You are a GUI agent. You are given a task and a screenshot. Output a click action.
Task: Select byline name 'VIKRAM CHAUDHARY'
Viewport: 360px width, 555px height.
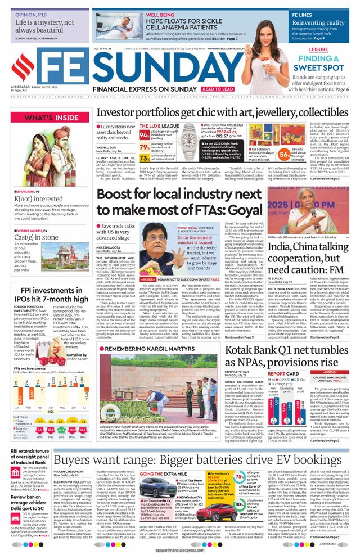coord(71,471)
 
